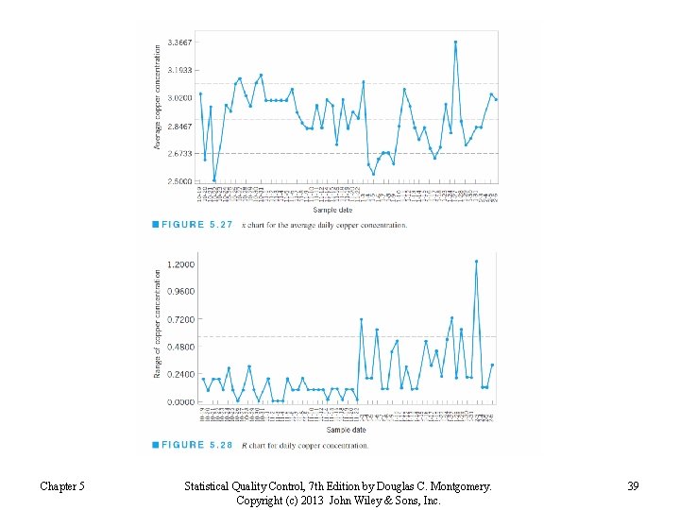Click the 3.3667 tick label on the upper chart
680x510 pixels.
(x=179, y=42)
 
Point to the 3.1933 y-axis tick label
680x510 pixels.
(x=179, y=70)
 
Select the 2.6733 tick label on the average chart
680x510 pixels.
(x=179, y=153)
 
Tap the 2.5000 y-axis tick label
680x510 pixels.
(x=179, y=180)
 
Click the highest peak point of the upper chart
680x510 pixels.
(x=455, y=42)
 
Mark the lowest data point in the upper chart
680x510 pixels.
(x=214, y=179)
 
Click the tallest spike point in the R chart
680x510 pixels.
(x=476, y=262)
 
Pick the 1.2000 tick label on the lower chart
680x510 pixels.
(x=181, y=263)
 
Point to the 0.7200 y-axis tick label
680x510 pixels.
(x=181, y=319)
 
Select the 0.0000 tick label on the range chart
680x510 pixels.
(x=181, y=401)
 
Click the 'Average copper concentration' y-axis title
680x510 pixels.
(x=158, y=99)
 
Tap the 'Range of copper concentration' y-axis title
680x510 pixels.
(x=158, y=324)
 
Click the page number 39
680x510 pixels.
(x=633, y=486)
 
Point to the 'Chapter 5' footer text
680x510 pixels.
(x=62, y=486)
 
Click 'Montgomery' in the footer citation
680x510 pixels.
(x=456, y=486)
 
